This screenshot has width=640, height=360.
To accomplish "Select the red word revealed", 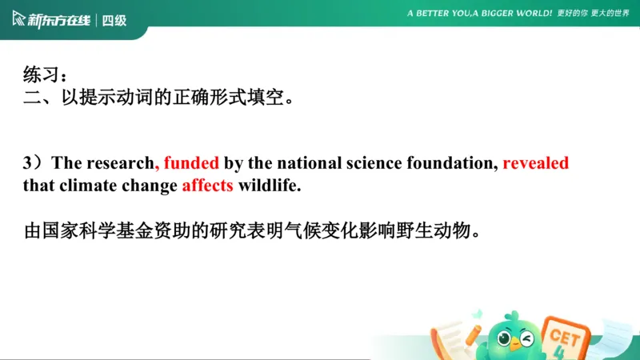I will (535, 163).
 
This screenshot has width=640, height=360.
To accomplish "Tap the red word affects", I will (207, 186).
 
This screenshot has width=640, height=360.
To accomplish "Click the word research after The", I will (121, 163).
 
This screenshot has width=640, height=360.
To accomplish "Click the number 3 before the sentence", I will (28, 163).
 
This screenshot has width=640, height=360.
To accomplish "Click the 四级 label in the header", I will (115, 20).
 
